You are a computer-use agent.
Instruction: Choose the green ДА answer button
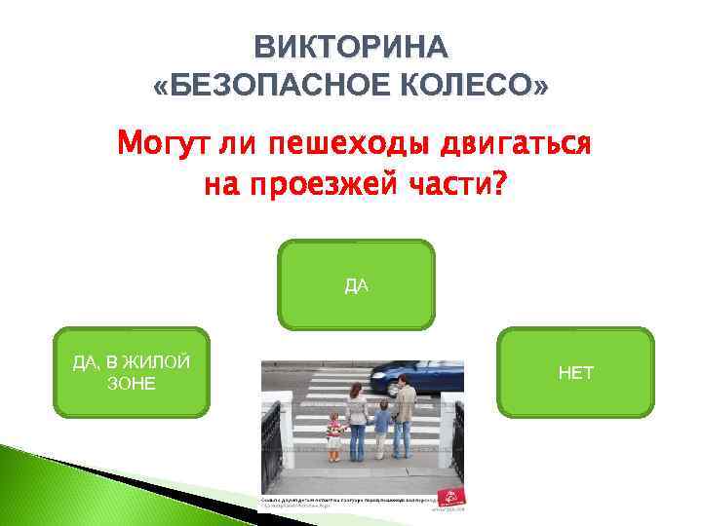click(x=356, y=284)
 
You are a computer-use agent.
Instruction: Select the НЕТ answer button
click(x=575, y=372)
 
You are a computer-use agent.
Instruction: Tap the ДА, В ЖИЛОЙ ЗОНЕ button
click(x=132, y=372)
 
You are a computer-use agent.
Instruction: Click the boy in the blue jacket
click(x=382, y=429)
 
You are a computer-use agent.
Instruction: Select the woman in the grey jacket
click(x=357, y=419)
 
